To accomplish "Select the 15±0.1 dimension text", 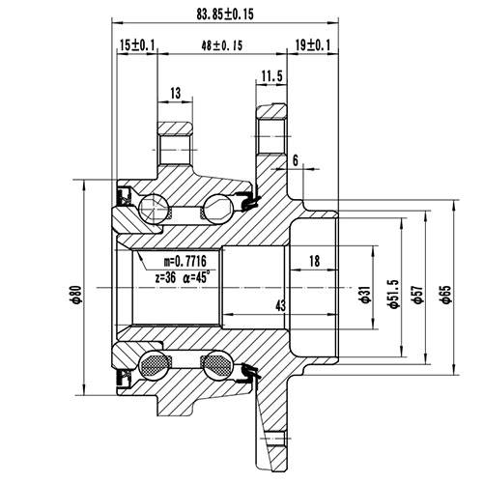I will [138, 45].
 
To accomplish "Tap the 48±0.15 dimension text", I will [221, 45].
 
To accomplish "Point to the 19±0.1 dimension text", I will [312, 45].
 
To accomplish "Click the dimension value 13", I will [175, 93].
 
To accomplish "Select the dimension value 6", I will [294, 159].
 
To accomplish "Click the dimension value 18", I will [314, 262].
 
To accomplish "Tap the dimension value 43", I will [281, 306].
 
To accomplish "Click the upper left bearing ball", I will [153, 206].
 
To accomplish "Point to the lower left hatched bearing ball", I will [154, 364].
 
